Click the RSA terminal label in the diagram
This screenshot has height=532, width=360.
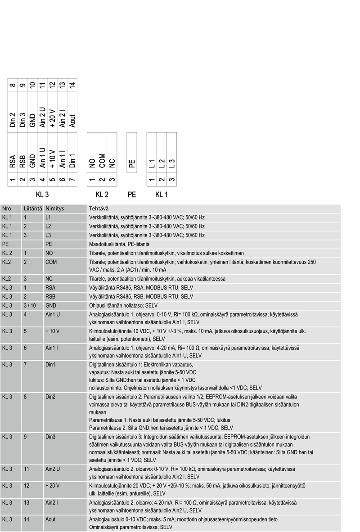pyautogui.click(x=13, y=161)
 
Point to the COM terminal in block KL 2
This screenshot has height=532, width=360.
pyautogui.click(x=102, y=160)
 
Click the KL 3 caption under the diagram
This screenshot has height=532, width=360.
pyautogui.click(x=42, y=195)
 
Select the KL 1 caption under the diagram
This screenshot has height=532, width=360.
pyautogui.click(x=162, y=195)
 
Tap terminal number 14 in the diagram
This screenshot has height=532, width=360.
pyautogui.click(x=72, y=85)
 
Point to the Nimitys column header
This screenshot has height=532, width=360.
pyautogui.click(x=55, y=209)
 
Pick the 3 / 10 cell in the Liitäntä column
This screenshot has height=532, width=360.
pyautogui.click(x=30, y=305)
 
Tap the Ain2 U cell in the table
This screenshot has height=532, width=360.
pyautogui.click(x=53, y=469)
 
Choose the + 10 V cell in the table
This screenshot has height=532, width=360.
pyautogui.click(x=53, y=331)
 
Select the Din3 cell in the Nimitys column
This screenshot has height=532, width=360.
pyautogui.click(x=51, y=436)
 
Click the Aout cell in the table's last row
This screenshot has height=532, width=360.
pyautogui.click(x=50, y=519)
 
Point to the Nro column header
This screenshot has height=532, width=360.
pyautogui.click(x=7, y=209)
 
